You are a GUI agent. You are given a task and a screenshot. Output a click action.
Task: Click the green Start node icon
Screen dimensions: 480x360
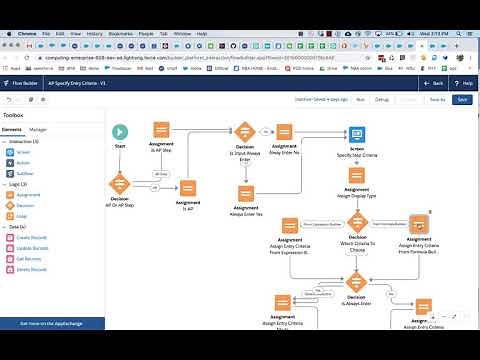click(x=120, y=131)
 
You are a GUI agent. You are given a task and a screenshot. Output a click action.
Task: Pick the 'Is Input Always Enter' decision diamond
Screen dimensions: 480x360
click(x=246, y=131)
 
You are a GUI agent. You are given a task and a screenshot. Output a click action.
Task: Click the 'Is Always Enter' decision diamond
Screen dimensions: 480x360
click(x=357, y=281)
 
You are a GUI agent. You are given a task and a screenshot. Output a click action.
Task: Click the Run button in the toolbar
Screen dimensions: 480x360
click(x=360, y=100)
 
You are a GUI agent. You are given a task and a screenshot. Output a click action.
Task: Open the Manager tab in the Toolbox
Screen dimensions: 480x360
click(x=38, y=130)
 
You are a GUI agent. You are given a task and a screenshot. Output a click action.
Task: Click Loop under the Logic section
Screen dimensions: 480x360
click(x=22, y=216)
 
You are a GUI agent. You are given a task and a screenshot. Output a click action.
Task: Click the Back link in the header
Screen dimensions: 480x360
click(x=435, y=83)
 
